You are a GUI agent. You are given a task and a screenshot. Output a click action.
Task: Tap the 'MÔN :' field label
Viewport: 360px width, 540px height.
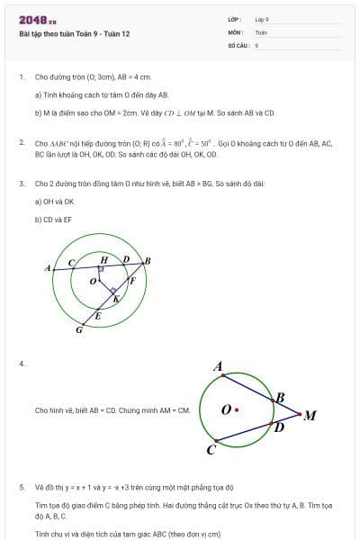236,31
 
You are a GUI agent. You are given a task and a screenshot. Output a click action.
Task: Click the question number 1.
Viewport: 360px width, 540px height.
21,76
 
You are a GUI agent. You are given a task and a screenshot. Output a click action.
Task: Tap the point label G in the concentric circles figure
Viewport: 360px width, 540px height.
78,330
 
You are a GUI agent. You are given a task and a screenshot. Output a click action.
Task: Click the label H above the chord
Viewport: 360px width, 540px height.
103,259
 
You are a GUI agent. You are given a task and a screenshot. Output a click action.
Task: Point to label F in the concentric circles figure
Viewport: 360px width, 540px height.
132,280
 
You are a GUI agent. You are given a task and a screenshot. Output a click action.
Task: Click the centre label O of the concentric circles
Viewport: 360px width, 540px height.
92,282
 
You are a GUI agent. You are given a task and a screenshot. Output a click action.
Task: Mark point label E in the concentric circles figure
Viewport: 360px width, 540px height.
98,316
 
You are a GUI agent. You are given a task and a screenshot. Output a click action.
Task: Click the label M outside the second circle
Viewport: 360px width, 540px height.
310,415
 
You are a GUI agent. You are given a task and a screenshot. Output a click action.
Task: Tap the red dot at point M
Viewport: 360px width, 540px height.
300,414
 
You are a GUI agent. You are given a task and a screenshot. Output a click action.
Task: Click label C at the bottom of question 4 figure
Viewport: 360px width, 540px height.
211,449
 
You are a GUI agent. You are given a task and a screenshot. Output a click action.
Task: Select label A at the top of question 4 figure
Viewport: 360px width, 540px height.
218,366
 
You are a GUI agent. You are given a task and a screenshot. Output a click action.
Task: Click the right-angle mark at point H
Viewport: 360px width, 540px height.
102,268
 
